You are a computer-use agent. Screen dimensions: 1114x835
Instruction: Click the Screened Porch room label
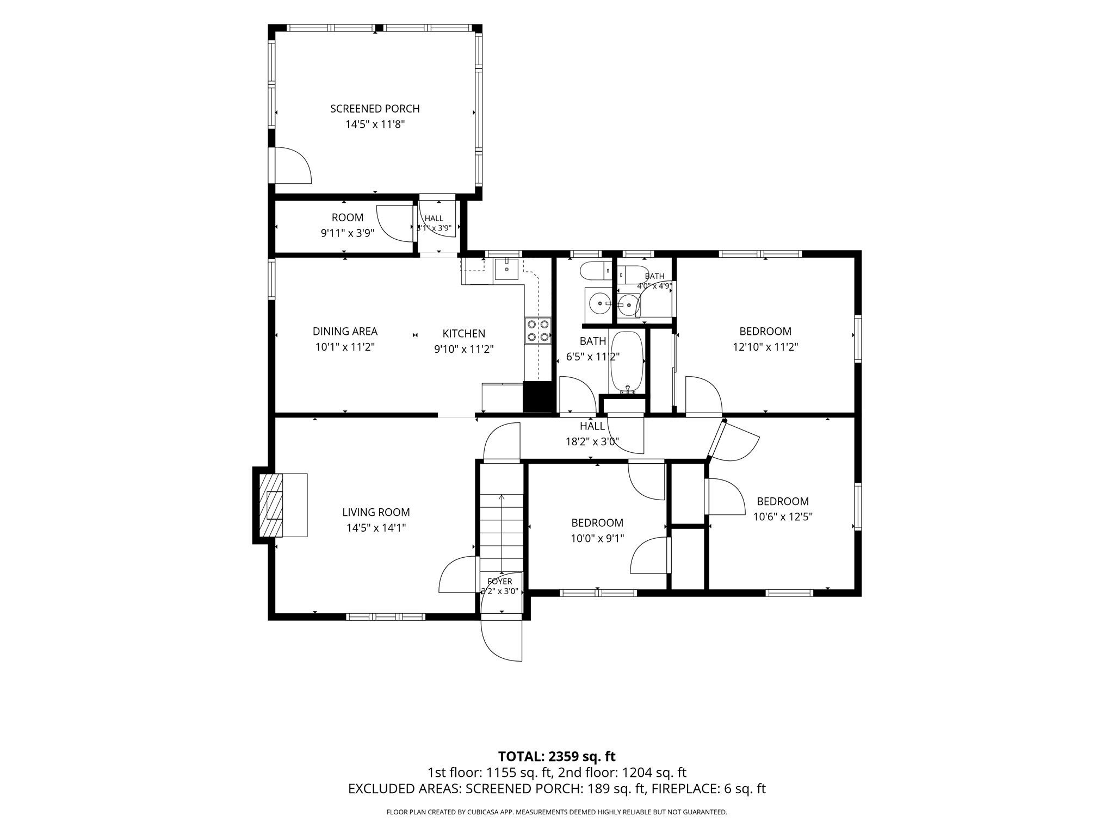pyautogui.click(x=375, y=109)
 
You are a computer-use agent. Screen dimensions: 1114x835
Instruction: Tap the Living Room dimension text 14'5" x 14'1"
pyautogui.click(x=376, y=527)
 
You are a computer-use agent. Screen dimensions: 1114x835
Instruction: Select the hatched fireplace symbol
pyautogui.click(x=271, y=506)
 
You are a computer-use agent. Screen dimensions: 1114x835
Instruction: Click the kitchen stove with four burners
pyautogui.click(x=537, y=331)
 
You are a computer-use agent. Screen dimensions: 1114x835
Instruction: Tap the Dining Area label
pyautogui.click(x=345, y=331)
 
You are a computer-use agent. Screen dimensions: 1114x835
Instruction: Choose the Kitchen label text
pyautogui.click(x=463, y=334)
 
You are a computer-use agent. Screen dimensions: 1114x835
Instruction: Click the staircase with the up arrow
pyautogui.click(x=501, y=533)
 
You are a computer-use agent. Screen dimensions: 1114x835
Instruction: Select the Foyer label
pyautogui.click(x=500, y=581)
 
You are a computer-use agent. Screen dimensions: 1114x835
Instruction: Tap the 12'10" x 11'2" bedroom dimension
pyautogui.click(x=765, y=347)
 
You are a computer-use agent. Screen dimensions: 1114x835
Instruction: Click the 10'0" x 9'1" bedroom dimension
pyautogui.click(x=597, y=538)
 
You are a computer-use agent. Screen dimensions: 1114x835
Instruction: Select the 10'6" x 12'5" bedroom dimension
pyautogui.click(x=783, y=516)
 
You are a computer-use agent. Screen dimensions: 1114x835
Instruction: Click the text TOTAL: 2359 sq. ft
pyautogui.click(x=557, y=756)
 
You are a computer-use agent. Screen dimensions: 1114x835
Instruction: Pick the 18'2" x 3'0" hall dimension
pyautogui.click(x=592, y=441)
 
